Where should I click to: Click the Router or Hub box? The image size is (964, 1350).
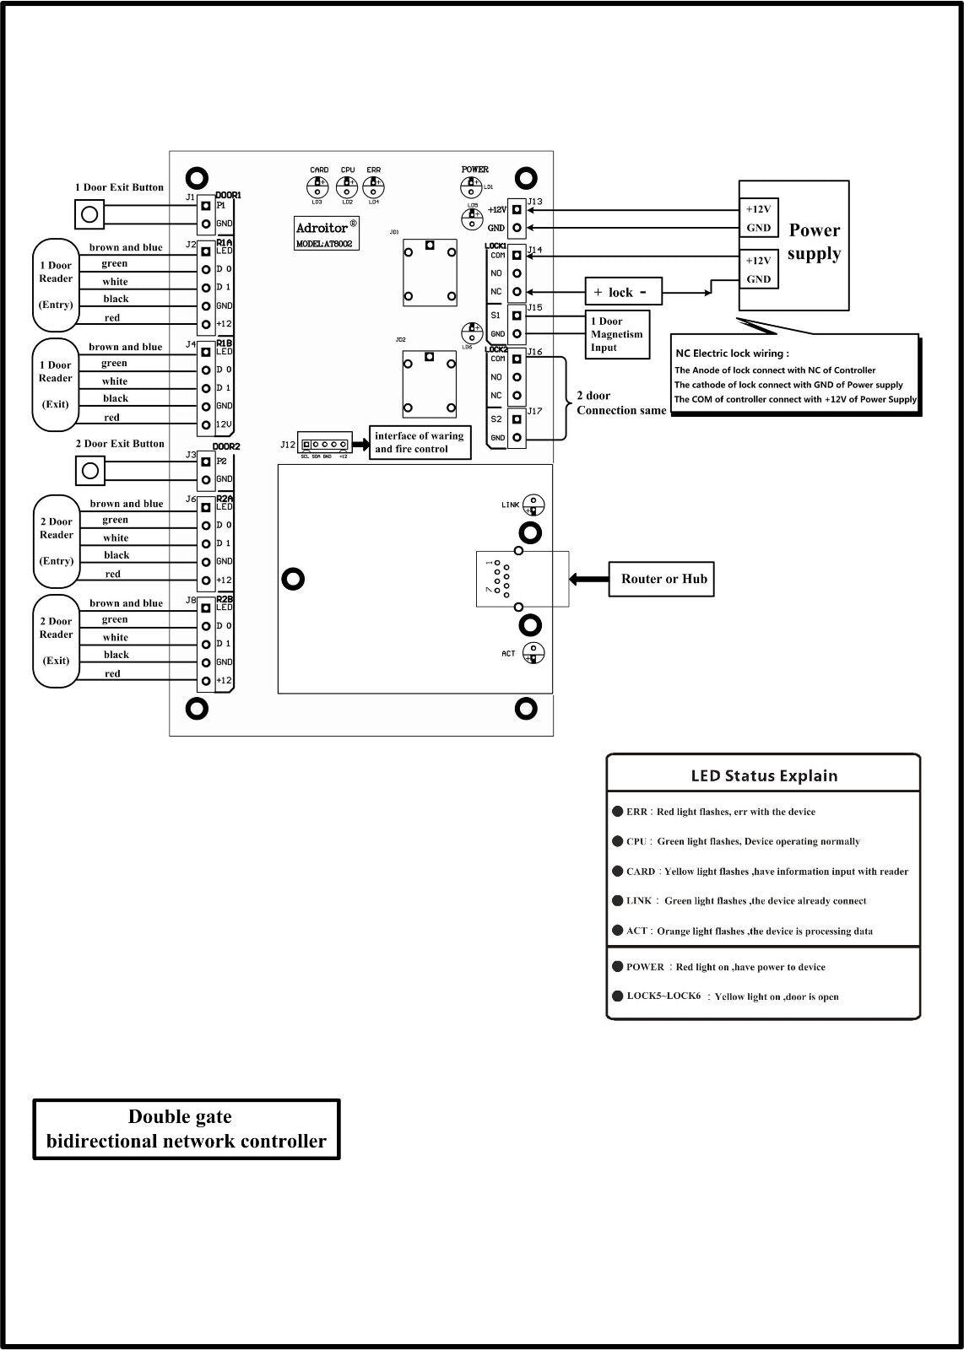click(663, 580)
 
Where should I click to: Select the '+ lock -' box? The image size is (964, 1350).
click(623, 292)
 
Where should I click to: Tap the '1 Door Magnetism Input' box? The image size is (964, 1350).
click(617, 334)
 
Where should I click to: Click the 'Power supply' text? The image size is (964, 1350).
click(814, 242)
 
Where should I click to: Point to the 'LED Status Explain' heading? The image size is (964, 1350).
click(764, 776)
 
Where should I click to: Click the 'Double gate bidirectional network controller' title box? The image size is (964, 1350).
click(186, 1129)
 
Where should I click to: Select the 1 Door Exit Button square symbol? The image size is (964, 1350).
click(89, 213)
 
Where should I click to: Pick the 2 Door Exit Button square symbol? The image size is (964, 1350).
click(89, 470)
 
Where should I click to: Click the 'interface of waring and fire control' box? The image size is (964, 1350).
click(420, 443)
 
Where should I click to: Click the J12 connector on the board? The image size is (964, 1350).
click(324, 445)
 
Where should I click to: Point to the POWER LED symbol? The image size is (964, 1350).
click(471, 186)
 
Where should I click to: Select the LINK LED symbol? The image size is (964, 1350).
click(533, 505)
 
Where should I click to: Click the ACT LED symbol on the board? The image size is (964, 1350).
click(533, 653)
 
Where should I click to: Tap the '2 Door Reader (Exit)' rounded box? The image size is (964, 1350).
click(56, 641)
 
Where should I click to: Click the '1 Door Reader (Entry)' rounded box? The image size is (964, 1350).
click(56, 285)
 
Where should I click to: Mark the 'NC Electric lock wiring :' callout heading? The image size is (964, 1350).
click(732, 354)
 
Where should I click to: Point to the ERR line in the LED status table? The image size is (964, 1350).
click(720, 812)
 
